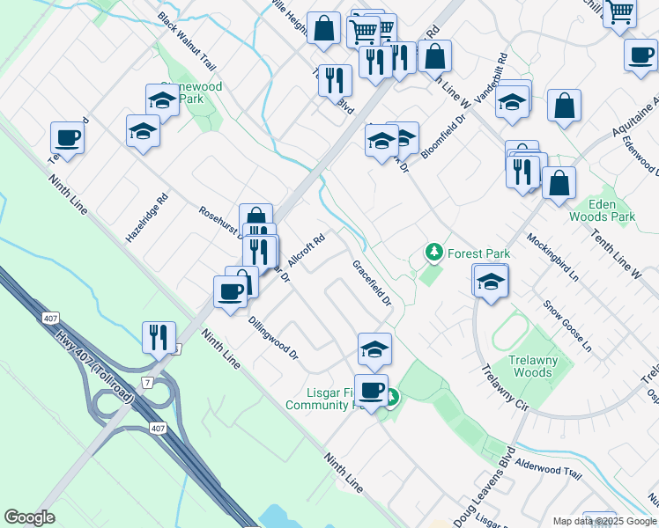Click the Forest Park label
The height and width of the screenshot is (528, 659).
tap(478, 253)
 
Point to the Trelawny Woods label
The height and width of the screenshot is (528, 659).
tap(542, 366)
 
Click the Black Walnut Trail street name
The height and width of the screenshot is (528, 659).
tap(187, 41)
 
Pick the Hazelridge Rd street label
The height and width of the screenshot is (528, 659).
tap(146, 219)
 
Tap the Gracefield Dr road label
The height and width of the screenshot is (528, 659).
tap(372, 282)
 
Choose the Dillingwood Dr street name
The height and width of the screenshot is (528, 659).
tap(273, 339)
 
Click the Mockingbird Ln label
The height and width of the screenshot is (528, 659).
tap(552, 257)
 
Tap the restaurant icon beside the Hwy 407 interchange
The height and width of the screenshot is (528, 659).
tap(159, 335)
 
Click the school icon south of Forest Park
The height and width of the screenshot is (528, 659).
tap(491, 280)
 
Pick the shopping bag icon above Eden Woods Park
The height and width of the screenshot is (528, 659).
tap(559, 183)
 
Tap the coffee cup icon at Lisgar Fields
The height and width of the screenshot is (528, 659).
tap(371, 388)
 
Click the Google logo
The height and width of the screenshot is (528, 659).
tap(29, 517)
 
